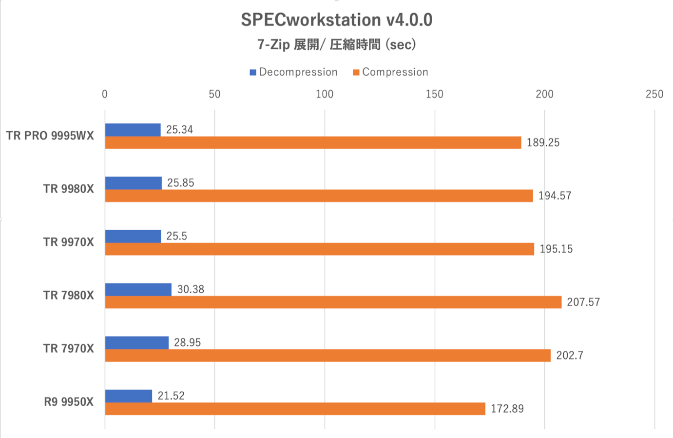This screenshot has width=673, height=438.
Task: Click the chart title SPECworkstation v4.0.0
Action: (336, 20)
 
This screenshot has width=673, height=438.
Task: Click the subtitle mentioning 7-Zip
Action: (336, 45)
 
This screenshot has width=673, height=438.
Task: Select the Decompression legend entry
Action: (293, 72)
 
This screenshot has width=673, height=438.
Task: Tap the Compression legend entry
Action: (390, 72)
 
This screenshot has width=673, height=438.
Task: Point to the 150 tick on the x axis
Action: (434, 94)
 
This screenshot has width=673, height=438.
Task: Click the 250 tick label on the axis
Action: (654, 94)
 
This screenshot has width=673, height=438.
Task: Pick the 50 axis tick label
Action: (214, 94)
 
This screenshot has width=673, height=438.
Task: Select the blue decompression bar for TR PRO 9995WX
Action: (133, 130)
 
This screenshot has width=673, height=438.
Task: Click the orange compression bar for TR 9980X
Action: (319, 196)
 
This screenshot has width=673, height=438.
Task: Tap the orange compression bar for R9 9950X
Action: (295, 409)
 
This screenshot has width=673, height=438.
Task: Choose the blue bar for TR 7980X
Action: (138, 289)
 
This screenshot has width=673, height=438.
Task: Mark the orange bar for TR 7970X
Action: (327, 356)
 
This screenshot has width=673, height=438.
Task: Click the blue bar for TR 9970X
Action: (133, 236)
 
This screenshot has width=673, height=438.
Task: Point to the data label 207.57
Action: (583, 302)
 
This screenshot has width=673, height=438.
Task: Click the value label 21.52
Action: (171, 396)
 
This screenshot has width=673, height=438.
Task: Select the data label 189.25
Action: (543, 143)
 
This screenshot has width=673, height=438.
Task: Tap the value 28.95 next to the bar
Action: (187, 342)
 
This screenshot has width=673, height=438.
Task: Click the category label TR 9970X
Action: (68, 242)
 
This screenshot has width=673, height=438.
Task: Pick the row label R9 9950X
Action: (68, 402)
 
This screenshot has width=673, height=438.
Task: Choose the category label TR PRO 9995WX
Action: (50, 136)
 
